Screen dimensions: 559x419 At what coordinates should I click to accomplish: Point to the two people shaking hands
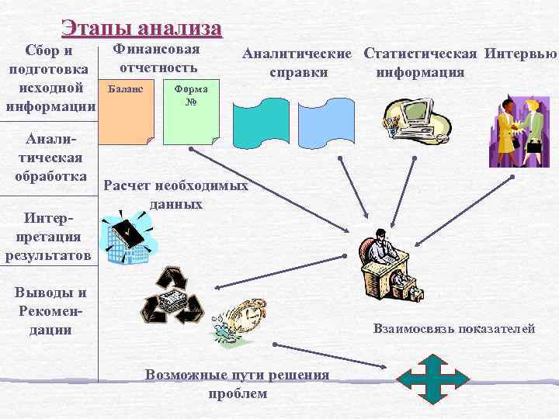point(518,129)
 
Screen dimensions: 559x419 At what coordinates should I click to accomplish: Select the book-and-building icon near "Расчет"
point(131,237)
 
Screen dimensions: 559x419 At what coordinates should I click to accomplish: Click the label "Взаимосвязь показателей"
point(454,329)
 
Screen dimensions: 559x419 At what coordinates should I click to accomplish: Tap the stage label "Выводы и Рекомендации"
point(48,311)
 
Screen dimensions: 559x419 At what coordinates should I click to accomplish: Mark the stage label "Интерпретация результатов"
point(48,234)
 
